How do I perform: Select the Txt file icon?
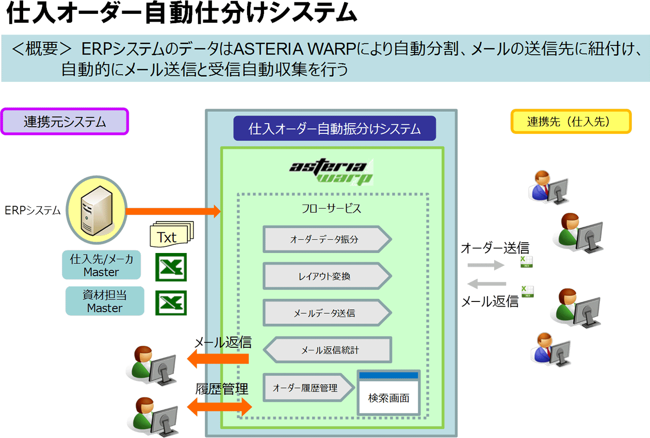[x=170, y=235]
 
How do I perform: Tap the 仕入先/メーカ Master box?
[x=102, y=265]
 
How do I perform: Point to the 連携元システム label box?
[x=64, y=122]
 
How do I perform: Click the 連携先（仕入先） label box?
[x=571, y=122]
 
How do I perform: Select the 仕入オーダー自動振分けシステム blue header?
[x=335, y=128]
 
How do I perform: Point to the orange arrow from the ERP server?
[x=173, y=211]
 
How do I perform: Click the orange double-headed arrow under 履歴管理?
[x=219, y=407]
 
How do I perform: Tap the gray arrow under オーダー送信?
[x=485, y=265]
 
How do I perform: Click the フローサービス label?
[x=331, y=209]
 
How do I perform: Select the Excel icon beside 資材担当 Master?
[x=171, y=302]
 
